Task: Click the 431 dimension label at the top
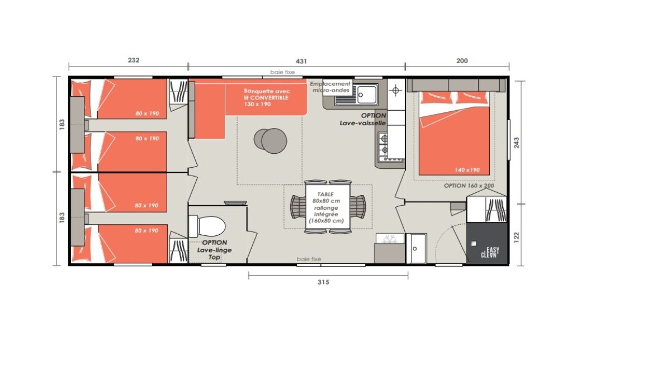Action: point(301,61)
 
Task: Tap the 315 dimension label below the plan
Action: point(323,282)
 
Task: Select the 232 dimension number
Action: point(134,60)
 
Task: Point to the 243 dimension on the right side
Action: point(517,143)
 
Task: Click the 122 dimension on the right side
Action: point(517,237)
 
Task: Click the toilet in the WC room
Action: point(207,226)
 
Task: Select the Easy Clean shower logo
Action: point(490,252)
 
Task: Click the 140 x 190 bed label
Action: point(467,170)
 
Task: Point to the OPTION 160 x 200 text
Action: point(469,186)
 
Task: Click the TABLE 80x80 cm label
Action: point(325,197)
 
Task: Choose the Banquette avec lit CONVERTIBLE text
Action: point(266,97)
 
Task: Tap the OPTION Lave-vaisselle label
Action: point(363,119)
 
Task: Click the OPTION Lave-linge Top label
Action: point(214,250)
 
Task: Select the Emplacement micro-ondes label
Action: point(330,87)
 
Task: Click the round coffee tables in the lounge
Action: point(270,140)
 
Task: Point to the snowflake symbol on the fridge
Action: point(389,239)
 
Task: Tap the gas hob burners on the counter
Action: point(384,144)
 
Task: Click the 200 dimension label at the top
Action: point(462,60)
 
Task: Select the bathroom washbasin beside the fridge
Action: point(417,249)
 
